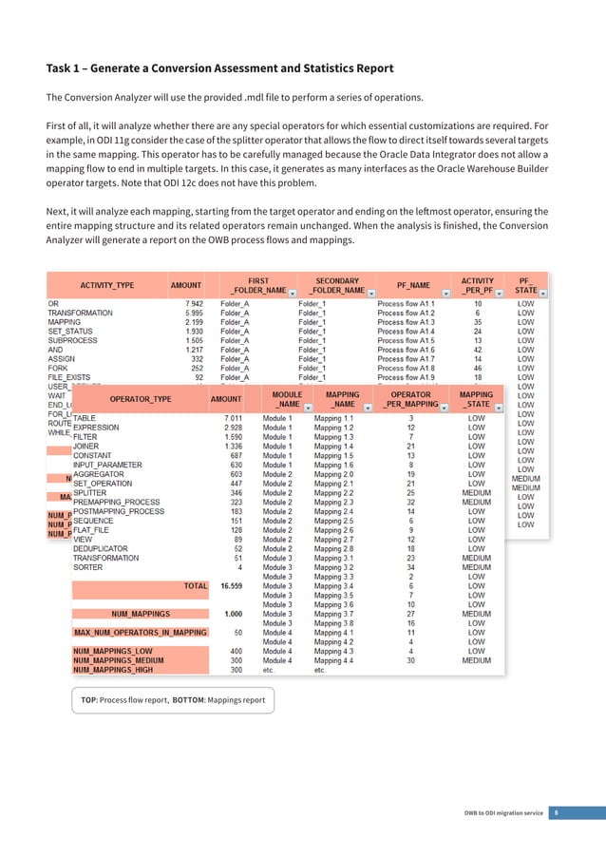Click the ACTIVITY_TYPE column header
coord(106,285)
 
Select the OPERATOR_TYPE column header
coord(141,399)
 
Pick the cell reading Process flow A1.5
coord(406,340)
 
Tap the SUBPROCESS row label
coord(72,340)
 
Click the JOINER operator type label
coord(85,447)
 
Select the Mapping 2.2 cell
coord(333,493)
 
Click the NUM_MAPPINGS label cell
coord(141,614)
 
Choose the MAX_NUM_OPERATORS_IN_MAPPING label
coord(141,633)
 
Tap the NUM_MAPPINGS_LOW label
coord(112,652)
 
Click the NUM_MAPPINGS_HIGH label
coord(112,670)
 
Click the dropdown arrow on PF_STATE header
coord(543,293)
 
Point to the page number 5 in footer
coord(556,812)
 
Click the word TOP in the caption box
coord(89,699)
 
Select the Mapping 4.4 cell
coord(333,660)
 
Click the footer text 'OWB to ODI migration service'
coord(503,812)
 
